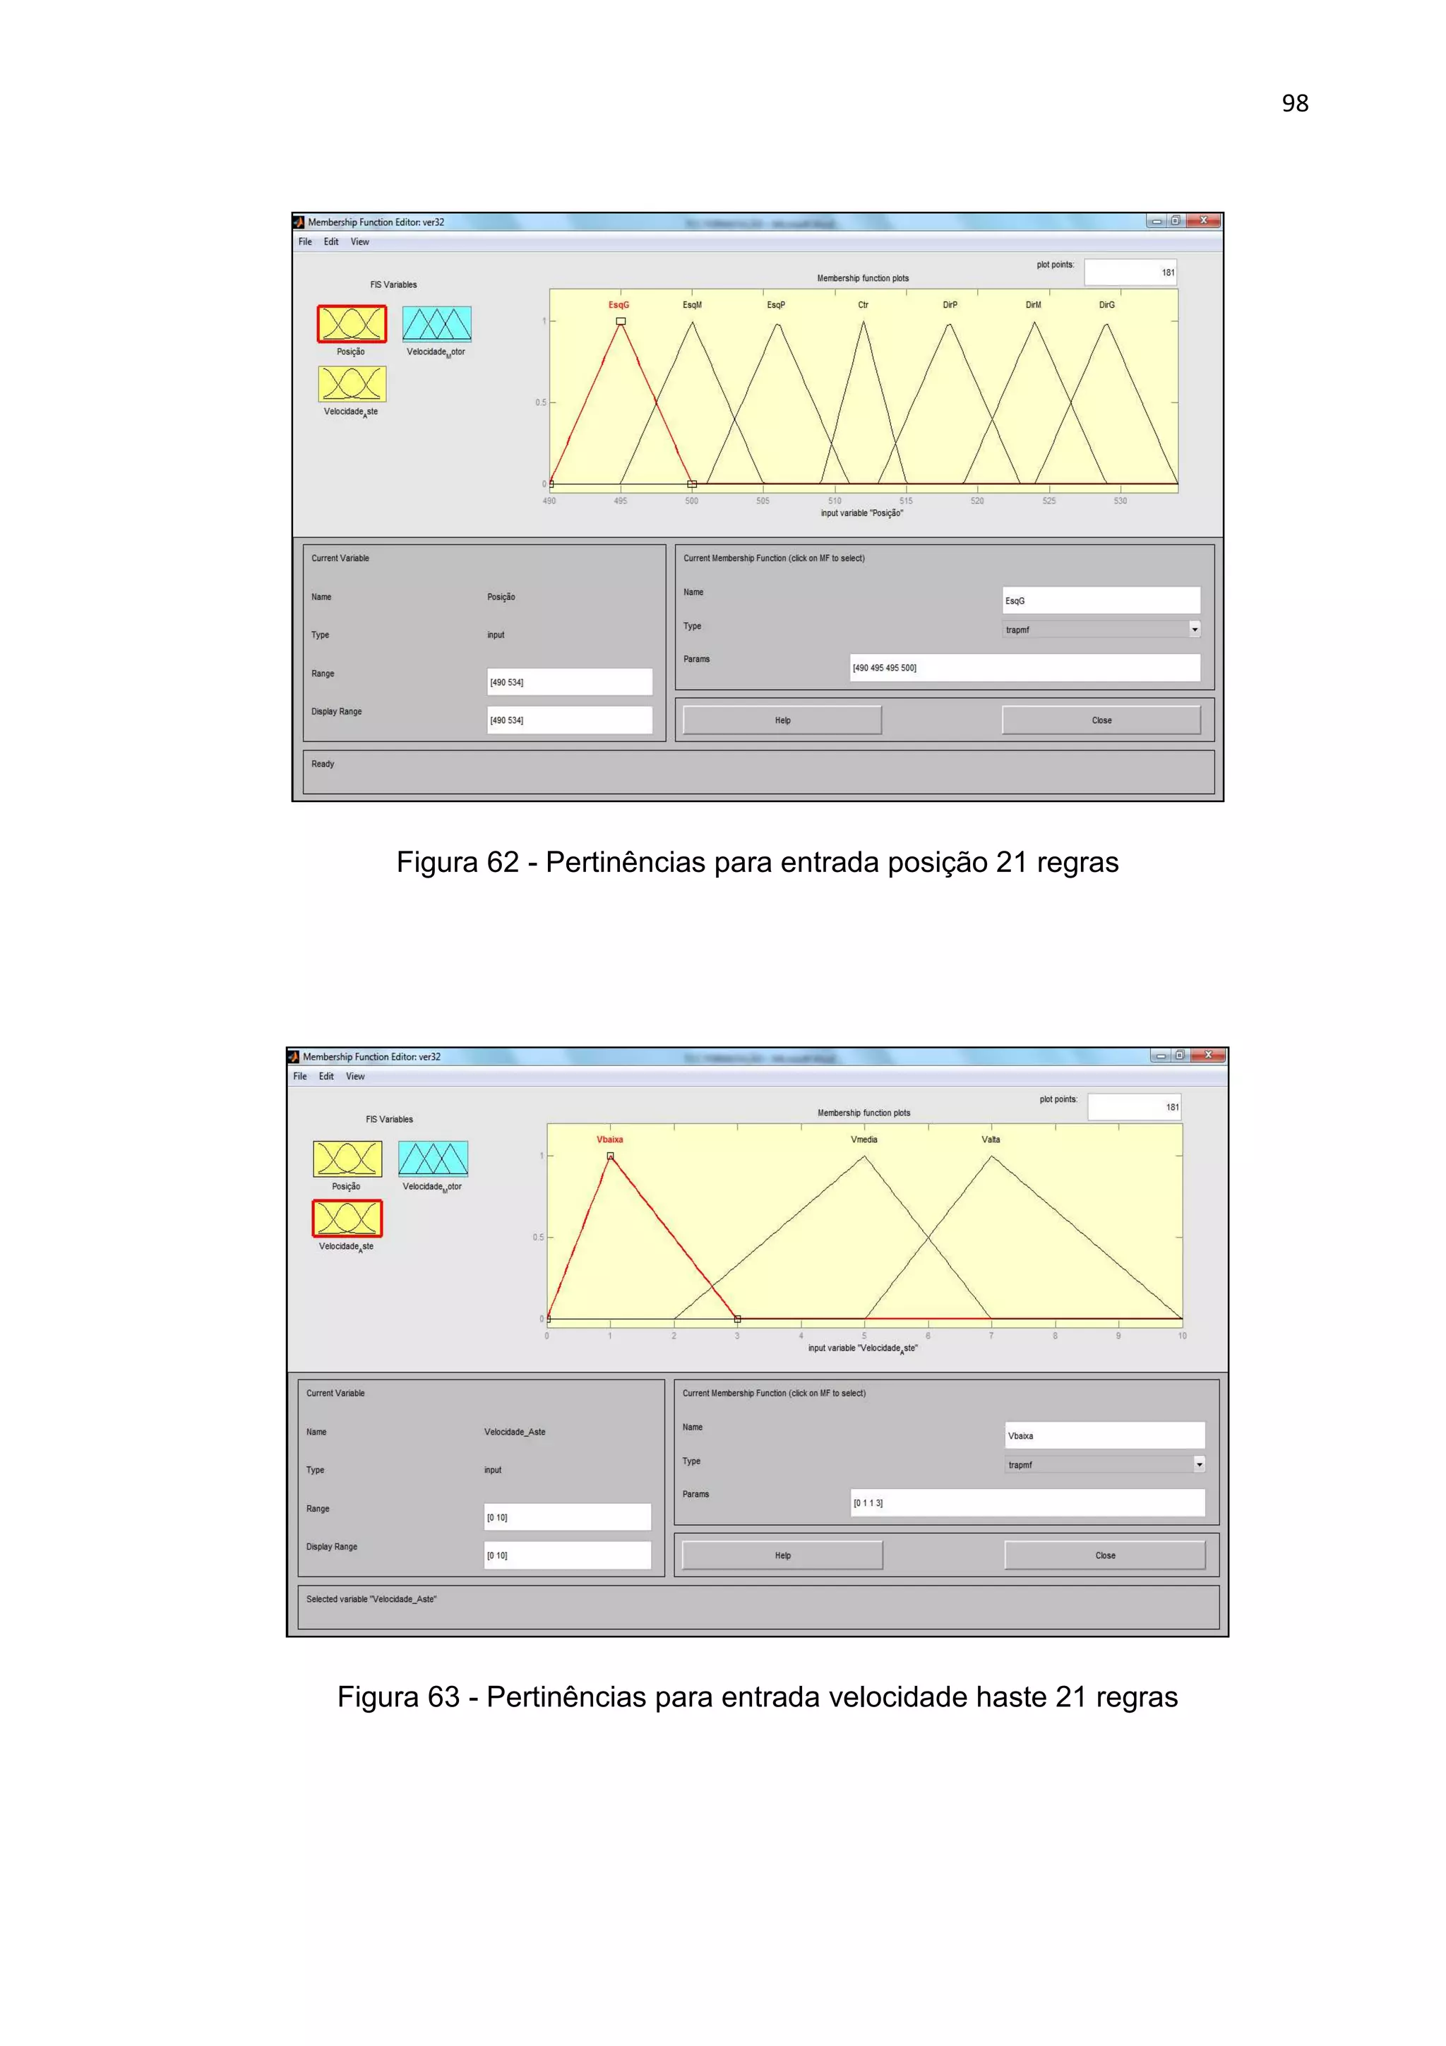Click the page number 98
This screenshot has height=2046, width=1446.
click(1294, 103)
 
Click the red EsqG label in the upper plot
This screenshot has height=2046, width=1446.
click(619, 305)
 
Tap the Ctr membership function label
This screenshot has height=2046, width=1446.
click(862, 305)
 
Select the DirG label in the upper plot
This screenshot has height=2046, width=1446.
click(1106, 305)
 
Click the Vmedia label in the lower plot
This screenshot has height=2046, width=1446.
click(864, 1139)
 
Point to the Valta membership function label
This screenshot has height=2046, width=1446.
click(991, 1139)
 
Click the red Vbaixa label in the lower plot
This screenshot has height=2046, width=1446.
click(609, 1139)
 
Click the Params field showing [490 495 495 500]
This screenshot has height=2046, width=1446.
click(1024, 667)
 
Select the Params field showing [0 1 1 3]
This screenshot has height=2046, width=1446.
click(1027, 1502)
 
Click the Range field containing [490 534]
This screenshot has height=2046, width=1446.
click(569, 682)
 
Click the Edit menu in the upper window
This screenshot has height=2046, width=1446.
click(330, 241)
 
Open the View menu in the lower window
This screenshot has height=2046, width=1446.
click(354, 1077)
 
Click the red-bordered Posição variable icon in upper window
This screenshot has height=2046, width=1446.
click(352, 323)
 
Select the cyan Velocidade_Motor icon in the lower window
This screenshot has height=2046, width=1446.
click(433, 1159)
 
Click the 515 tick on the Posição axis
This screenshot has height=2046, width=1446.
click(905, 501)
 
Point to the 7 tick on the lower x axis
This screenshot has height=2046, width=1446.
click(991, 1336)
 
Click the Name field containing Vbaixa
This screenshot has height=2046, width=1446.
click(1105, 1435)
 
